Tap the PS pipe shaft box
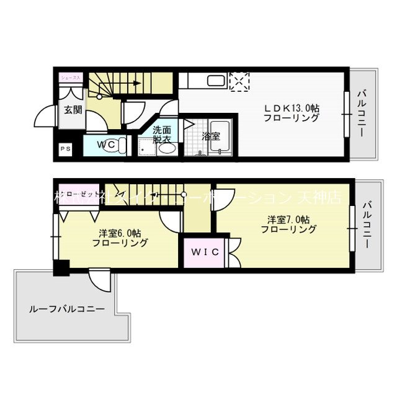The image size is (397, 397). pos(65,149)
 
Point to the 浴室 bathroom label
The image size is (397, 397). pos(211,136)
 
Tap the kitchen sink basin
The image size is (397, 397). pos(216,82)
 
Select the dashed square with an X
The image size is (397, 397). pos(239,82)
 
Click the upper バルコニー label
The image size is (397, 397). pos(361,115)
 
